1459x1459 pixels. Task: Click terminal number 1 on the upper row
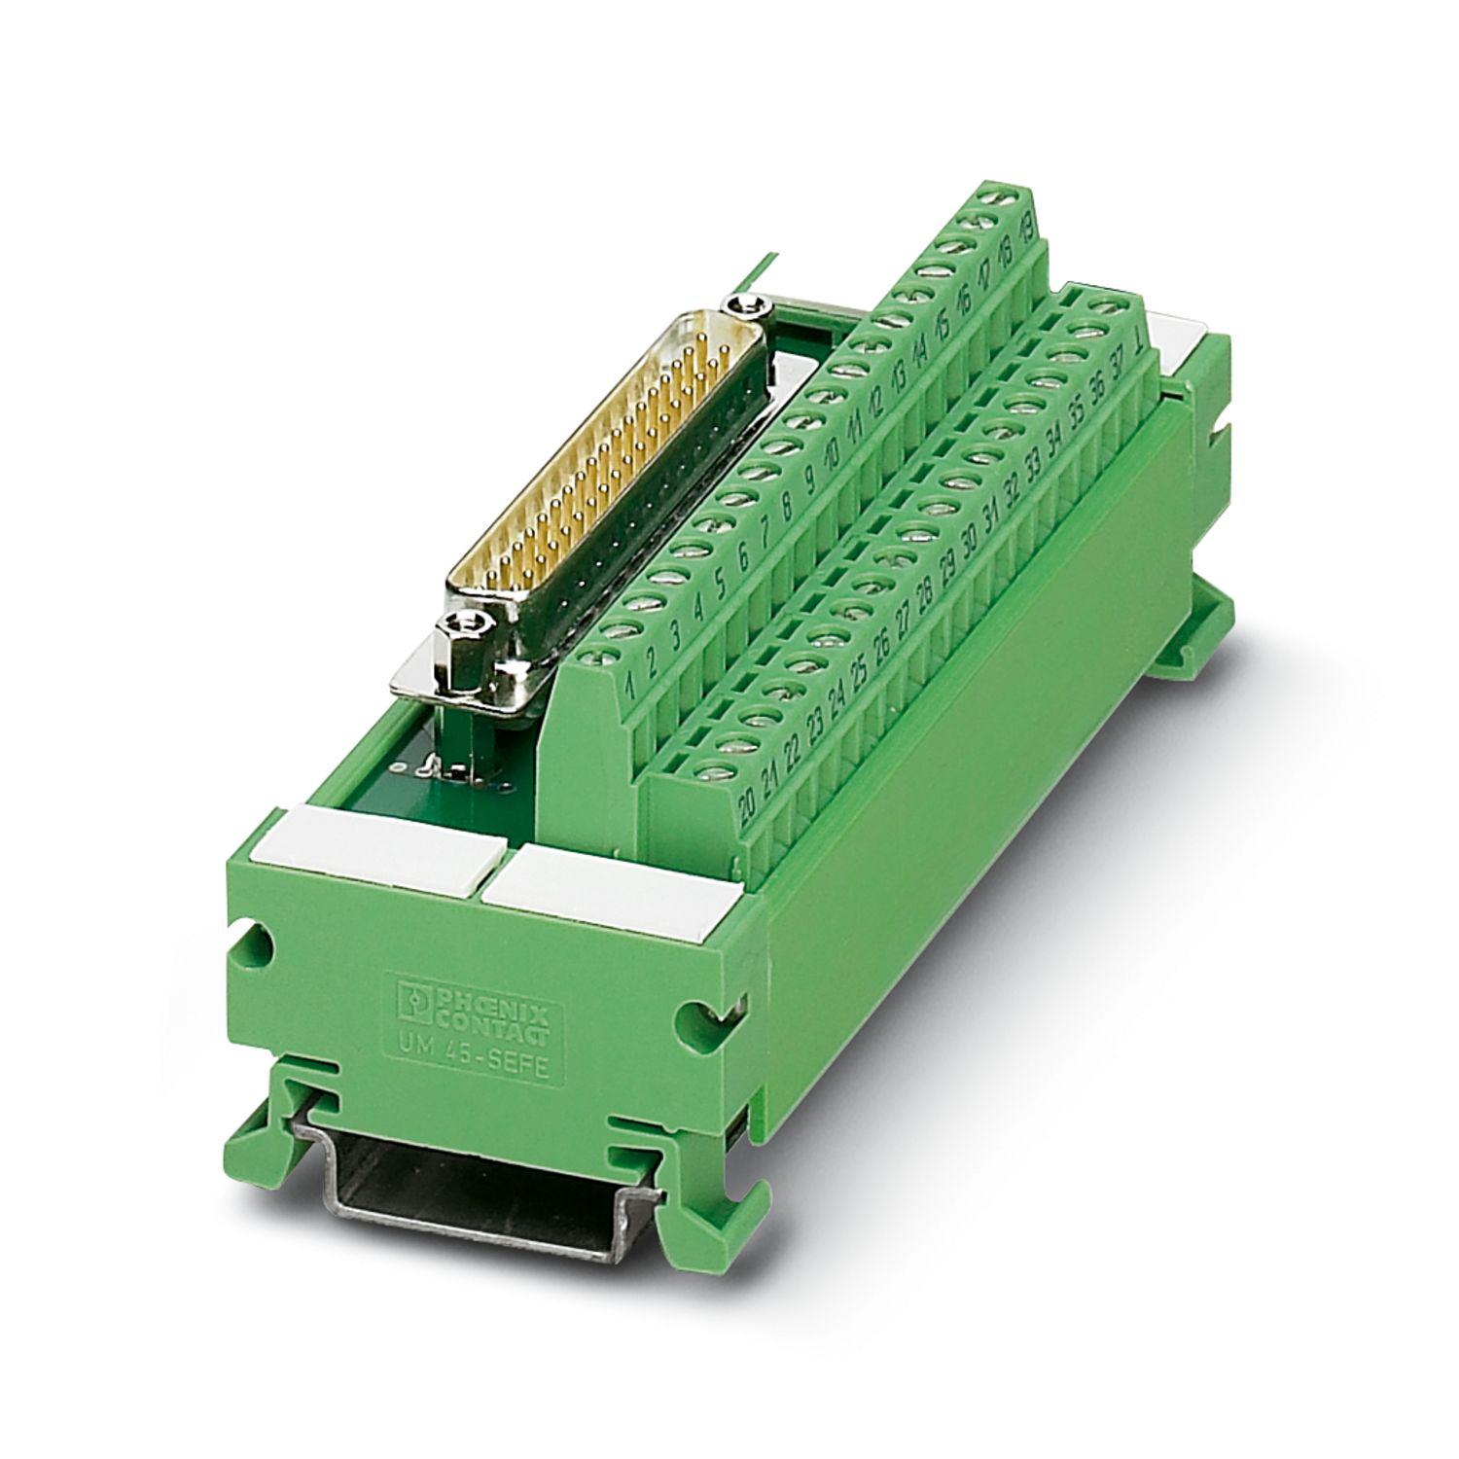coord(630,687)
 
